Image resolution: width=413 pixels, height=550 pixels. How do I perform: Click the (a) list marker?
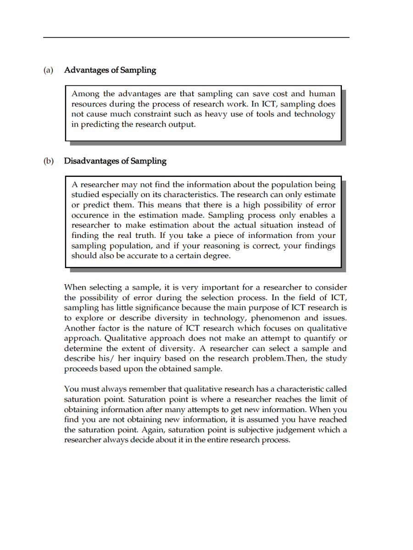pos(48,71)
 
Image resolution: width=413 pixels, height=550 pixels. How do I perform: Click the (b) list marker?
pos(48,161)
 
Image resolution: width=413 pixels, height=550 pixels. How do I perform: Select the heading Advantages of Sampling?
pos(110,71)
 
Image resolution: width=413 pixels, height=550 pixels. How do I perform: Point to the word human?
pos(322,94)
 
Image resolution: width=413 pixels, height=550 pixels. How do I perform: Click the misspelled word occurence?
pos(90,215)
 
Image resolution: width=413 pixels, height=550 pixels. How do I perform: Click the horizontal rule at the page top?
pos(196,38)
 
